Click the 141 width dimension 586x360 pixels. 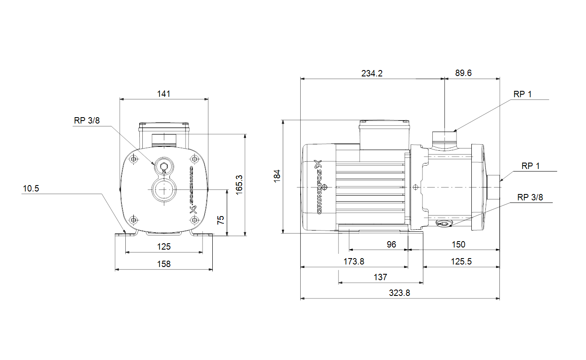[x=163, y=94]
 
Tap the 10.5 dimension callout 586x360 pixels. [x=31, y=188]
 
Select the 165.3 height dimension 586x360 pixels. [x=239, y=185]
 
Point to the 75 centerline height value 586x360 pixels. [x=220, y=220]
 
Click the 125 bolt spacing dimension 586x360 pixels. [x=164, y=247]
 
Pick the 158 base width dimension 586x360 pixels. [x=164, y=264]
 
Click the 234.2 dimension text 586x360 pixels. [x=372, y=73]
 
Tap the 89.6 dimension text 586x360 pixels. [x=463, y=73]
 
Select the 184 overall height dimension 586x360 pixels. [x=277, y=176]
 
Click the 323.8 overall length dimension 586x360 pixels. [x=400, y=293]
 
